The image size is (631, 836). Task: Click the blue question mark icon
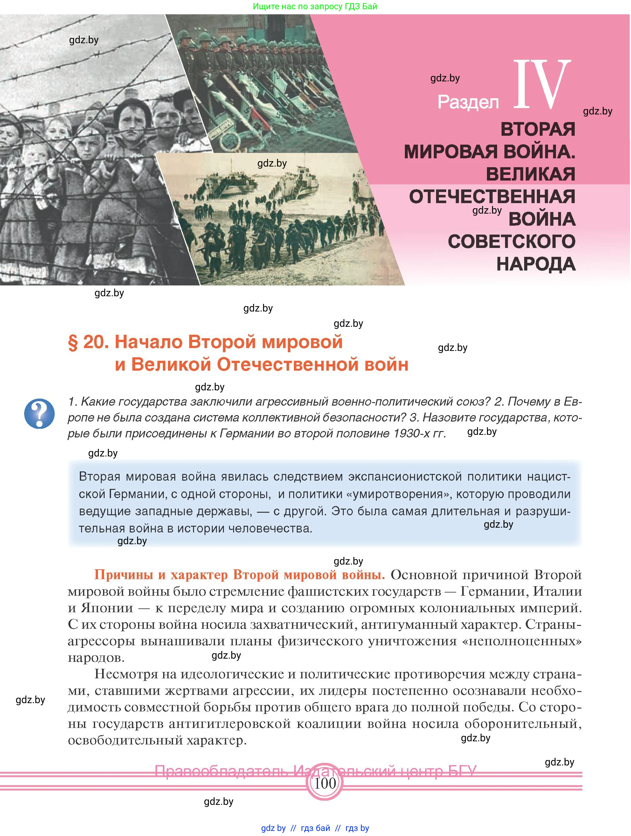39,414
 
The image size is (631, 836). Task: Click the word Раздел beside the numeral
468,102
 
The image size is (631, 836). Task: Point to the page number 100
325,783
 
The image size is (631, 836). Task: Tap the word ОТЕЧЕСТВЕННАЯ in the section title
492,197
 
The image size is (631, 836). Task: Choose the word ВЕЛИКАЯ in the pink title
530,174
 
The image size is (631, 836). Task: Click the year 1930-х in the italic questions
411,434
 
